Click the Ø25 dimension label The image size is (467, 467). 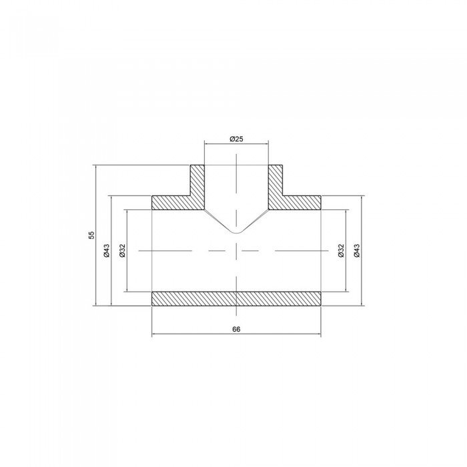(x=236, y=139)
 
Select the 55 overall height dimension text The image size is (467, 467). (x=92, y=235)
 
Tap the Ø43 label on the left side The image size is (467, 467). (x=106, y=250)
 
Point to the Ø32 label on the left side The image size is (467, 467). (x=122, y=250)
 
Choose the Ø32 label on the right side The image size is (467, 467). (x=341, y=250)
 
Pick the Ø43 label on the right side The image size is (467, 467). (x=357, y=250)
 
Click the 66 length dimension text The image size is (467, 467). (x=236, y=330)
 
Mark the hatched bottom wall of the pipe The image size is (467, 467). (x=236, y=299)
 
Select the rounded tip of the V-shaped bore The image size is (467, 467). (x=236, y=233)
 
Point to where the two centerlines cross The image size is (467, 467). (x=236, y=250)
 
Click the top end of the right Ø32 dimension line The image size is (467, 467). (x=346, y=209)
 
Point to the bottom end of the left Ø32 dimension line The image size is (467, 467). (x=127, y=292)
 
